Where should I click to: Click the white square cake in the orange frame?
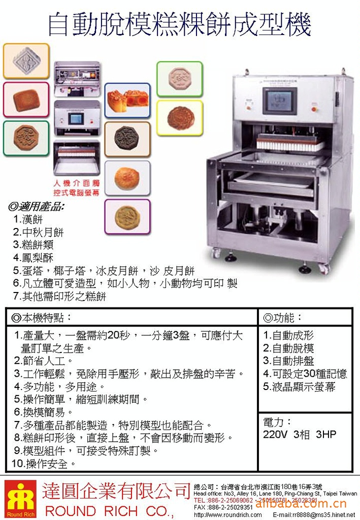point(26,61)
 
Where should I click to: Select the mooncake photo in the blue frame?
point(127,101)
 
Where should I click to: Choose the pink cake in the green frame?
point(179,79)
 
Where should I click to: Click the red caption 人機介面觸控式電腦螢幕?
point(77,188)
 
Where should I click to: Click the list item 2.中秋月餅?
point(39,232)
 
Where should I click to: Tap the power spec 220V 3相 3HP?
point(299,435)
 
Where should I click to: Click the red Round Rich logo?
point(20,499)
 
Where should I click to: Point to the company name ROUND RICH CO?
point(109,510)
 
